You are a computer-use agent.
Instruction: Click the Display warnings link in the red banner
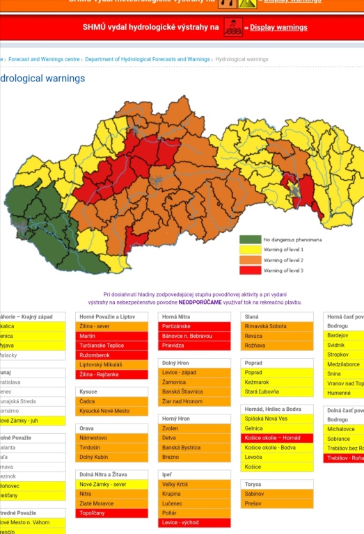click(x=278, y=28)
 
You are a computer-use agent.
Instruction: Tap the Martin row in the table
click(x=111, y=336)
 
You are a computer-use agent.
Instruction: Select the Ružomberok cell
click(x=111, y=355)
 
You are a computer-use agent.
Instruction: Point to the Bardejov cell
click(x=344, y=336)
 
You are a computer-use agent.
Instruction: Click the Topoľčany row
click(x=111, y=513)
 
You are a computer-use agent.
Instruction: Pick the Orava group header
click(x=111, y=428)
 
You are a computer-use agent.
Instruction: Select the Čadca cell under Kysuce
click(x=111, y=401)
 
